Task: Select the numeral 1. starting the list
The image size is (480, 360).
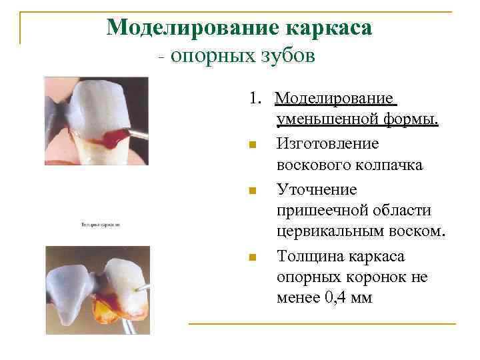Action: (x=257, y=99)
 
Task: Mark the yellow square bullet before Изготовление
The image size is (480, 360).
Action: (x=251, y=145)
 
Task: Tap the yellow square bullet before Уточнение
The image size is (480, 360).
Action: (x=251, y=191)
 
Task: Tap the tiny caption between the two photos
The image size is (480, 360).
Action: (x=100, y=225)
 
